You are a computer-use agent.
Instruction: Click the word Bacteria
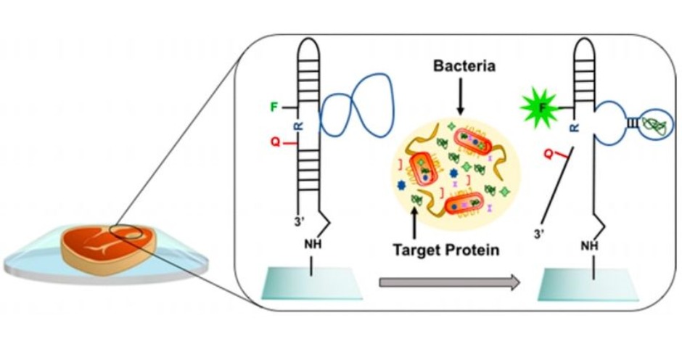[464, 67]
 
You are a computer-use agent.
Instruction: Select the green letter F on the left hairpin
[274, 107]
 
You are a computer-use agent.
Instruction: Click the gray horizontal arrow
[449, 282]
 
